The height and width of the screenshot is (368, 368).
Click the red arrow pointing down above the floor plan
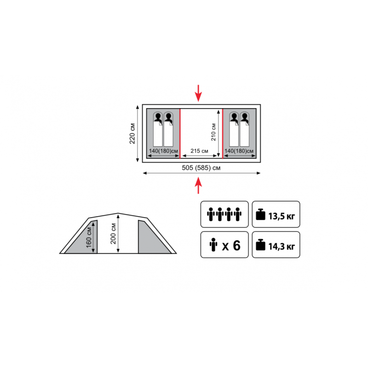pos(198,93)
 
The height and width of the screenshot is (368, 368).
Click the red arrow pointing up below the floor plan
pos(198,185)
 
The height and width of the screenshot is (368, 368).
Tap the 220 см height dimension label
pos(132,133)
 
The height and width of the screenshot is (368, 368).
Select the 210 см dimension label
pos(213,132)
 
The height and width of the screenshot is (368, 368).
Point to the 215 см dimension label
pos(199,151)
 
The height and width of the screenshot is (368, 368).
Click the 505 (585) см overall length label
pos(201,168)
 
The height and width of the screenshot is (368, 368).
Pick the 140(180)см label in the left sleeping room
pos(163,151)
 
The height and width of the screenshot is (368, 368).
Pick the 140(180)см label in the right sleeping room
pos(239,151)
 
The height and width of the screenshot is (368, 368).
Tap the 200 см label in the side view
pos(113,234)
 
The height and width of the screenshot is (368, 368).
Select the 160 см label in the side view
pos(89,237)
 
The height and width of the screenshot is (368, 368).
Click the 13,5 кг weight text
pos(282,216)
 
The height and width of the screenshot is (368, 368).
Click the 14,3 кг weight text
pos(282,247)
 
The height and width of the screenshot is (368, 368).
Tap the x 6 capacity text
pos(231,246)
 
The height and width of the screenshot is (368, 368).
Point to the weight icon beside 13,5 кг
pos(260,214)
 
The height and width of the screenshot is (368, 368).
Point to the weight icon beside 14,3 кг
pos(260,245)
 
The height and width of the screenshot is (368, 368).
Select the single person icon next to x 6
pos(213,245)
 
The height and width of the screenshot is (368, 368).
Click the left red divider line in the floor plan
pos(180,133)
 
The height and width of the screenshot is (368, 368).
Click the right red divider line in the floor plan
pos(223,133)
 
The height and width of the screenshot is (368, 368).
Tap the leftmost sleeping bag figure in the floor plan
pos(158,129)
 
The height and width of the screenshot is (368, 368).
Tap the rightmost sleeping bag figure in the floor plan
pos(244,129)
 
